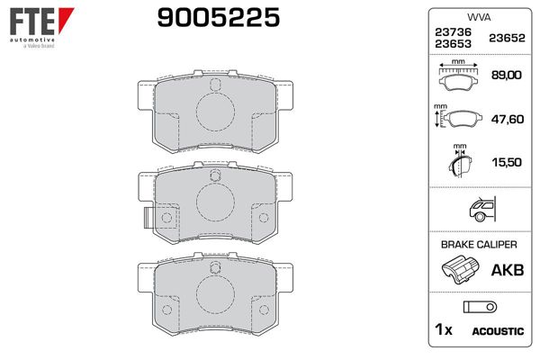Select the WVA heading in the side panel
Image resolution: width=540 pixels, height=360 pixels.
tap(477, 18)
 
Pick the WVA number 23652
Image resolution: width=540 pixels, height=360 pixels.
tap(505, 39)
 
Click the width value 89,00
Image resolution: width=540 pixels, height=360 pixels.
tap(506, 76)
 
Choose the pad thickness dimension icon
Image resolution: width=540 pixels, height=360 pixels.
tap(460, 162)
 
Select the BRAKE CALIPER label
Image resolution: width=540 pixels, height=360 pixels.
tap(477, 245)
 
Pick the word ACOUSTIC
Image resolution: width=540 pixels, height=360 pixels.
tap(497, 331)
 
